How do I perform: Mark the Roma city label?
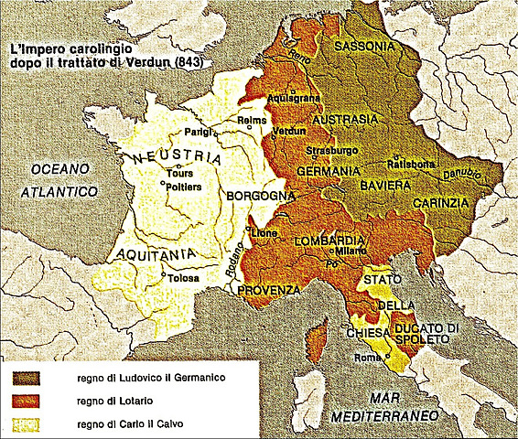point(368,358)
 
